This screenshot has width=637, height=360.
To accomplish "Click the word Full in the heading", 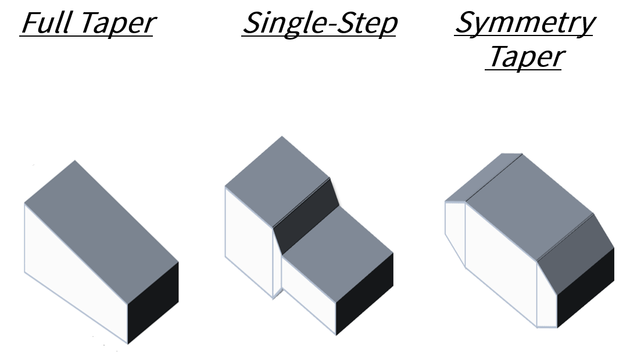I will click(47, 23).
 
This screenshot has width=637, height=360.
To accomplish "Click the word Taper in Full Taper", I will click(117, 23).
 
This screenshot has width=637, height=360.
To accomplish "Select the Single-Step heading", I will click(319, 23).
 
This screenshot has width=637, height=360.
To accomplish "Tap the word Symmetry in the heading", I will click(524, 23).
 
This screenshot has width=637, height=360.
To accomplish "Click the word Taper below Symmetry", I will click(524, 56).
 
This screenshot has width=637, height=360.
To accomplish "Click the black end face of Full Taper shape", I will click(153, 302).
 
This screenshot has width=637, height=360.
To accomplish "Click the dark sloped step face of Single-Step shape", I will click(306, 218).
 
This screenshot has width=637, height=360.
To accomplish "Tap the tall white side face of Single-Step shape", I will click(249, 238).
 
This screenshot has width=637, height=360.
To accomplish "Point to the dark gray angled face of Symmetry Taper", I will click(575, 250).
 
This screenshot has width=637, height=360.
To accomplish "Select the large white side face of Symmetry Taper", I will click(500, 262).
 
